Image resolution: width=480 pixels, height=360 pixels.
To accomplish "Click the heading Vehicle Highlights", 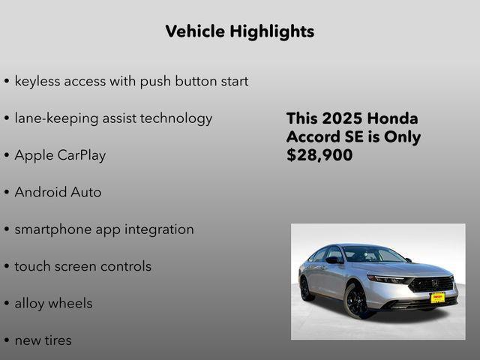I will pyautogui.click(x=239, y=31).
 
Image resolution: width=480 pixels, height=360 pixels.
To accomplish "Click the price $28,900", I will pyautogui.click(x=319, y=156).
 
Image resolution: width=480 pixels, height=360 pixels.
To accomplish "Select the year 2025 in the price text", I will pyautogui.click(x=341, y=119).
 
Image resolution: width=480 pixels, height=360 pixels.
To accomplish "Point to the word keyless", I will pyautogui.click(x=38, y=81).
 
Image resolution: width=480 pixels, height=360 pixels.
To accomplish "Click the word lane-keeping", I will pyautogui.click(x=58, y=118).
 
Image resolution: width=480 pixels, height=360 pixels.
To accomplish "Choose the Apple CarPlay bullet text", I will pyautogui.click(x=60, y=156).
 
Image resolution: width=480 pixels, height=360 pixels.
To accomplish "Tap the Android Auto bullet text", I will pyautogui.click(x=58, y=193).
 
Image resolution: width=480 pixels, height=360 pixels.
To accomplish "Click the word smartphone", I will pyautogui.click(x=53, y=230).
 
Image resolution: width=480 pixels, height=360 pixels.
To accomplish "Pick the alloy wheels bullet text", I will pyautogui.click(x=53, y=304).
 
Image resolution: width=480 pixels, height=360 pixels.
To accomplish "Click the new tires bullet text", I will pyautogui.click(x=43, y=340).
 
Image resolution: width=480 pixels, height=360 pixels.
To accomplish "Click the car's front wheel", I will pyautogui.click(x=357, y=301).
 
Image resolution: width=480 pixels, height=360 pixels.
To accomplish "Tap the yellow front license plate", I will pyautogui.click(x=437, y=298).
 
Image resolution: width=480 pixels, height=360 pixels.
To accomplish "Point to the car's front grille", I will pyautogui.click(x=433, y=284).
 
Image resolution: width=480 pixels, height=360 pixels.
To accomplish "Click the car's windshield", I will pyautogui.click(x=372, y=255).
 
